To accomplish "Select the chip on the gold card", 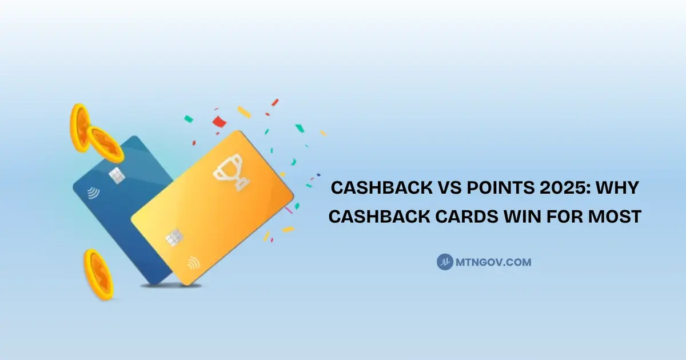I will point(174,237).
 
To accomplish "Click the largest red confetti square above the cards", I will point(219,121).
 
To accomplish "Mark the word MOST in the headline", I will point(618,217).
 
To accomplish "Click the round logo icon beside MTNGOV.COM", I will point(445,262).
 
